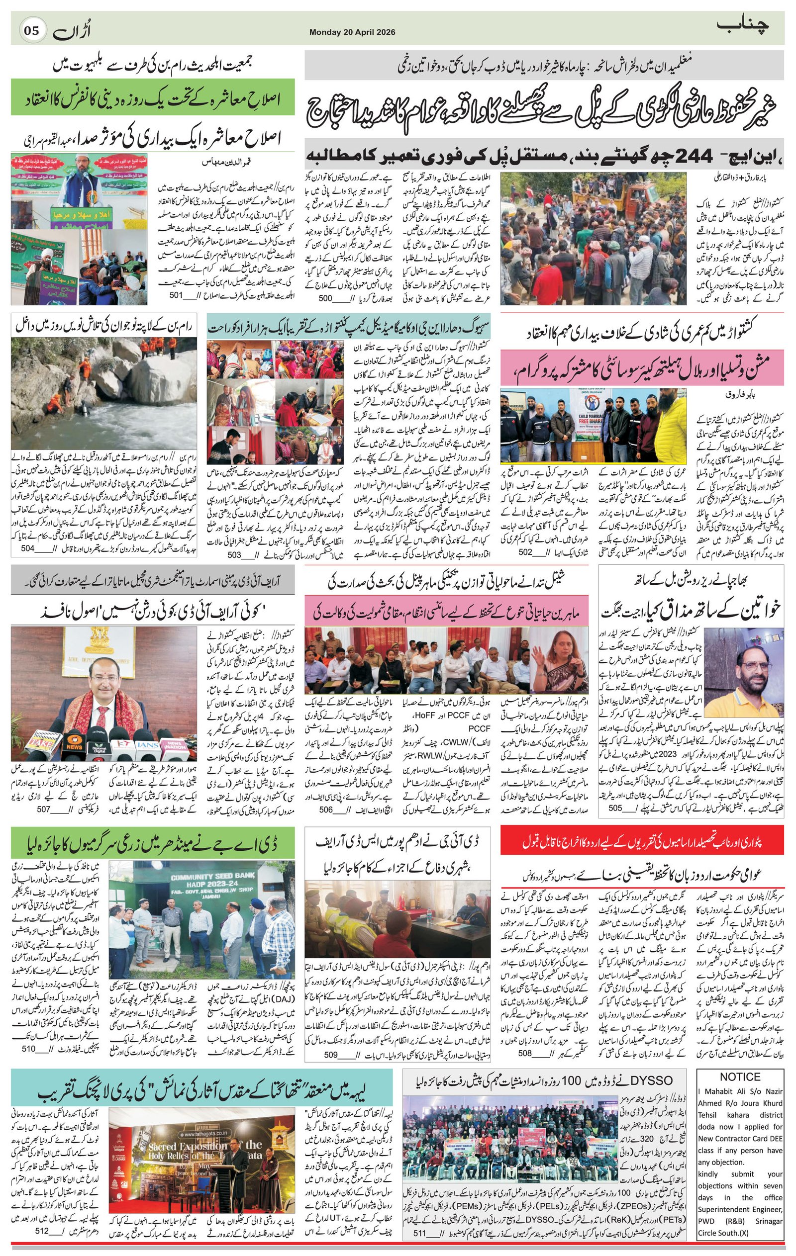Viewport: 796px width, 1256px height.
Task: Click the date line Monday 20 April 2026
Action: pyautogui.click(x=352, y=32)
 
